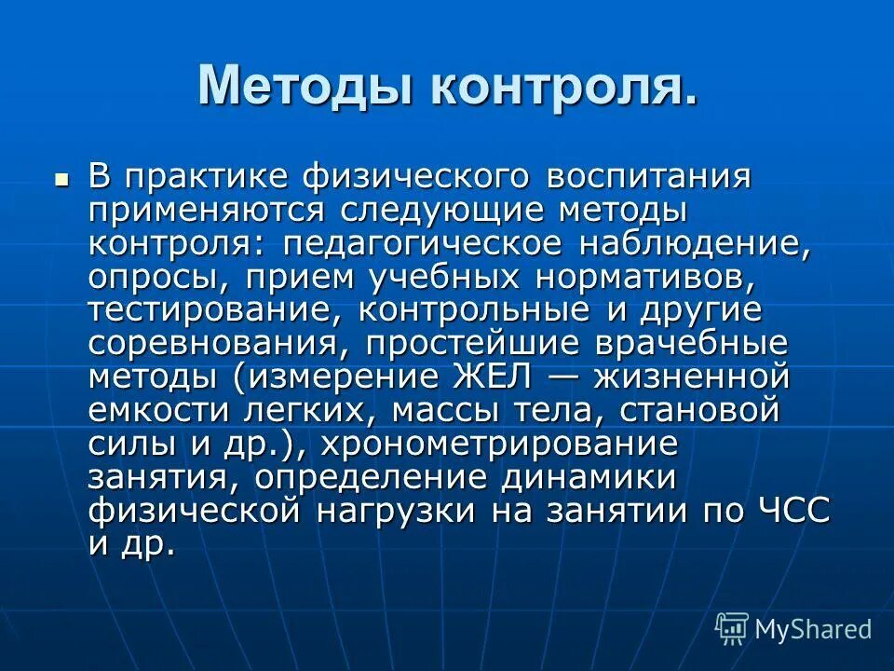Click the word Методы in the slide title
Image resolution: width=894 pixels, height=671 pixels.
(x=306, y=87)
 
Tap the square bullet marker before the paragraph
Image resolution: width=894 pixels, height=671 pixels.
(x=62, y=177)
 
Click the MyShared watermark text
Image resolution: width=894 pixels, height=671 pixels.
(x=813, y=629)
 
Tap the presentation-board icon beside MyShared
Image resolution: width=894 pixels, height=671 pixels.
(x=732, y=628)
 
